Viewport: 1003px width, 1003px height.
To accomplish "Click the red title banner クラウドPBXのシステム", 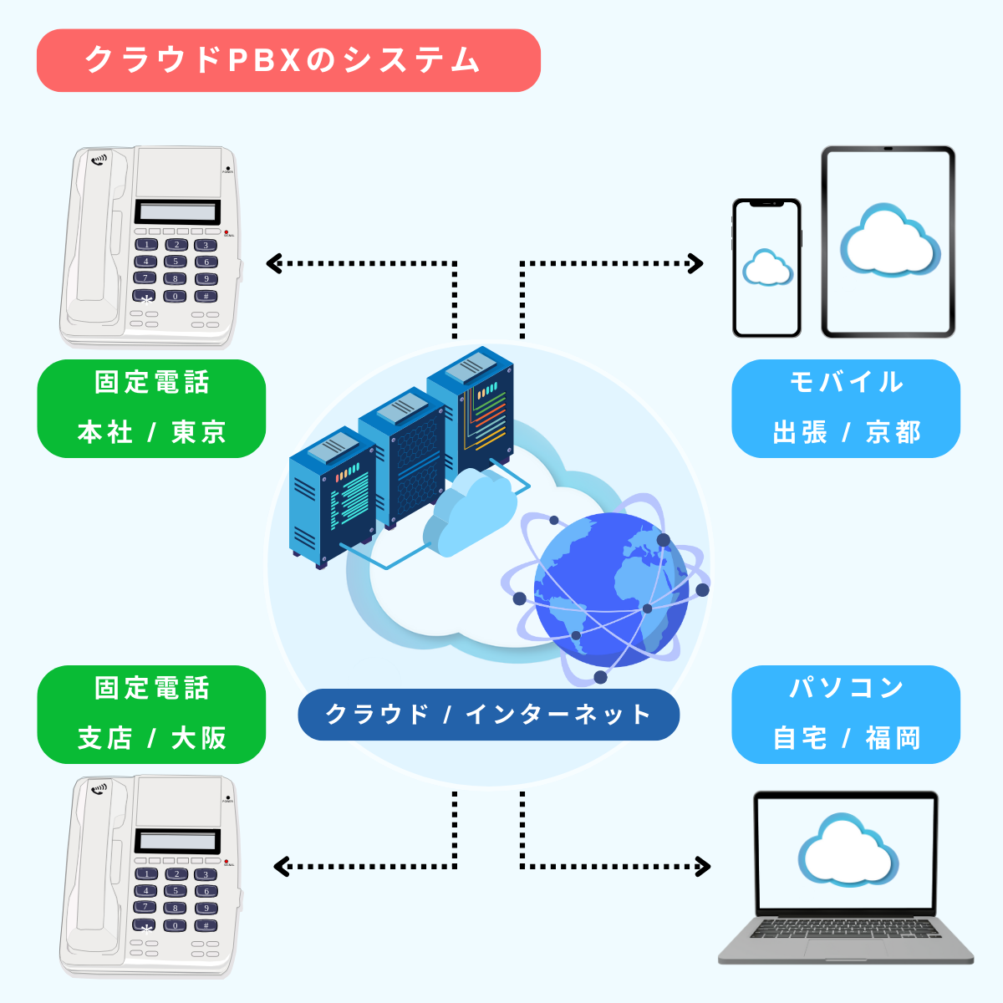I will click(288, 60).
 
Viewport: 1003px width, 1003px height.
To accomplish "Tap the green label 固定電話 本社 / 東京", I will click(151, 409).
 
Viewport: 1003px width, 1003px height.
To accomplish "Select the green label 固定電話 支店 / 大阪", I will click(151, 715).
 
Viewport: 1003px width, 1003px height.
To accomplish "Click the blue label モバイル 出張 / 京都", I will click(846, 409).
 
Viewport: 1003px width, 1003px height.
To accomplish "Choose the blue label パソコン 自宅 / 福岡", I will click(846, 715).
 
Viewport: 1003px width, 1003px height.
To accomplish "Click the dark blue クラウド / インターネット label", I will click(488, 715).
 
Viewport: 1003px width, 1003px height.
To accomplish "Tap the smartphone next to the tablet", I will click(766, 268).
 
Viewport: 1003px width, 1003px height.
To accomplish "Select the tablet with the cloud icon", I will click(888, 242).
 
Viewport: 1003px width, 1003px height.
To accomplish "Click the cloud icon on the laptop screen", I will click(846, 851).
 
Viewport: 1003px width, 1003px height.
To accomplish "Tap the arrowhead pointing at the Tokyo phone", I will click(272, 264).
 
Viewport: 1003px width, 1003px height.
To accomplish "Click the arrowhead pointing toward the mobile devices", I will click(696, 264).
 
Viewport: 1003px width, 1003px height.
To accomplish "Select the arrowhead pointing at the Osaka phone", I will click(281, 867).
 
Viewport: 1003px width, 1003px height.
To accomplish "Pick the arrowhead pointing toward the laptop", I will click(703, 867).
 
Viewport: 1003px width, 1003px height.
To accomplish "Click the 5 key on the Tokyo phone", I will click(176, 262).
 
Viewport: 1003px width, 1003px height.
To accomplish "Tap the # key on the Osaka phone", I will click(206, 925).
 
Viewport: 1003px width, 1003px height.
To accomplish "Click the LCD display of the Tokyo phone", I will click(177, 211).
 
